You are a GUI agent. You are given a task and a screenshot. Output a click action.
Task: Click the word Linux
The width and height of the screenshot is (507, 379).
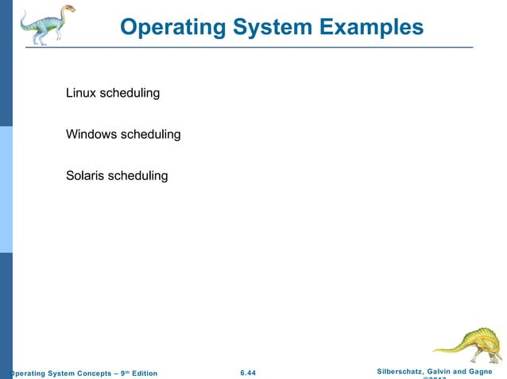[81, 94]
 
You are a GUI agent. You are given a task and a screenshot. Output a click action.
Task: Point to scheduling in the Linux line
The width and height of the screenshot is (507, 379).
[130, 94]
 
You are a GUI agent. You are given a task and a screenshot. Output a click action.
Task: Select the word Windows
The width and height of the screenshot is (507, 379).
[91, 135]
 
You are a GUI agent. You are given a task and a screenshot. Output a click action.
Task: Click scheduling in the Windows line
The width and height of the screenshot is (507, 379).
[150, 135]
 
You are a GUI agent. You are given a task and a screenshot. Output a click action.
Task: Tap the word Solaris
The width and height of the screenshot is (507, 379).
[85, 175]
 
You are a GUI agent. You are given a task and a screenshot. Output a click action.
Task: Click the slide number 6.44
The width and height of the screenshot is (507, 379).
[248, 373]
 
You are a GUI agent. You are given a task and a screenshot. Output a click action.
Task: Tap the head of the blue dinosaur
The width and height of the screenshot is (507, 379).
[68, 10]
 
